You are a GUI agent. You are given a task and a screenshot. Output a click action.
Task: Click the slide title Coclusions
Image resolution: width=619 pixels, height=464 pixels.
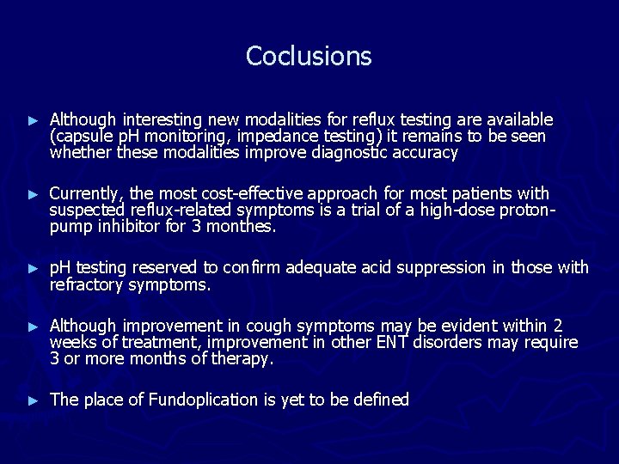click(x=309, y=56)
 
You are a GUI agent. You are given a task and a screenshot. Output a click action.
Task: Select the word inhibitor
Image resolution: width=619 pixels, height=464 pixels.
click(x=125, y=228)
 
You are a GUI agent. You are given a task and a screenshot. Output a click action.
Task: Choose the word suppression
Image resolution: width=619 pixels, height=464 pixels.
click(x=443, y=268)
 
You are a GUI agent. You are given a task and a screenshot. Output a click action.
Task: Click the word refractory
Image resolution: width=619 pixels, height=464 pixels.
click(x=86, y=285)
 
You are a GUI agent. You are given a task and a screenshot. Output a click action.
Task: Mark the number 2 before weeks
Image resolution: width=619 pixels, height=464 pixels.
click(x=558, y=326)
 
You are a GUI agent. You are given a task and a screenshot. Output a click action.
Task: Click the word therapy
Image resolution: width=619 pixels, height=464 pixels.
click(x=245, y=360)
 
